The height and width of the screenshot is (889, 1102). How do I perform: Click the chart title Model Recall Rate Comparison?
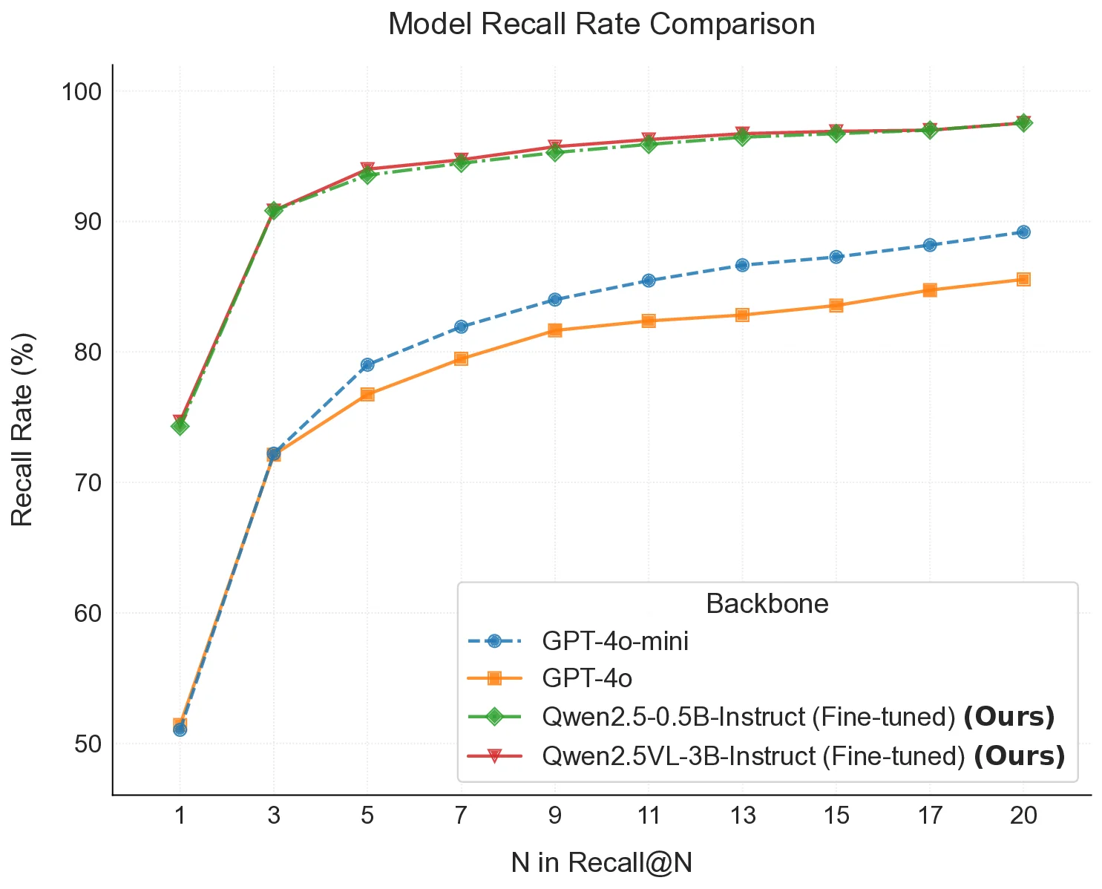point(601,24)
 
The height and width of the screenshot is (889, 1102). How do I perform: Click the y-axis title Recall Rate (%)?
point(23,430)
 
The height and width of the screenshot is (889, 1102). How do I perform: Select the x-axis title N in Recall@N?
point(601,862)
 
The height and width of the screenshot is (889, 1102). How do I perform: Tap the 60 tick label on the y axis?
point(88,613)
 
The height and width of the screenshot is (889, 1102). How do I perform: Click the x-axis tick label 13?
point(743,816)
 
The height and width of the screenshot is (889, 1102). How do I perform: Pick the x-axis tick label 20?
point(1023,816)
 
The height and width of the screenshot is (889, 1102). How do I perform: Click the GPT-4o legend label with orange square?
point(587,678)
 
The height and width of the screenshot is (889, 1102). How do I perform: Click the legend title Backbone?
point(767,603)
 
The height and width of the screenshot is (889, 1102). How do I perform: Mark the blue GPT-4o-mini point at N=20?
point(1023,232)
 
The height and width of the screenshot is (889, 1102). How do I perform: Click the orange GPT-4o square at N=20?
point(1023,279)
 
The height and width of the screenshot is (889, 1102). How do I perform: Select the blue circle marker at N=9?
point(554,299)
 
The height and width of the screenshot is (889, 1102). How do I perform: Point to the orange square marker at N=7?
point(461,358)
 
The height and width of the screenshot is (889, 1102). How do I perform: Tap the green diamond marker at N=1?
point(180,426)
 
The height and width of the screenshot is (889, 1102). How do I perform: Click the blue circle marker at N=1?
point(180,729)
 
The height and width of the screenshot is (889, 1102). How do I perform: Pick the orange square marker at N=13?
point(742,315)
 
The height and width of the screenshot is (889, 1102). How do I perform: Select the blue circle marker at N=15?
point(836,257)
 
